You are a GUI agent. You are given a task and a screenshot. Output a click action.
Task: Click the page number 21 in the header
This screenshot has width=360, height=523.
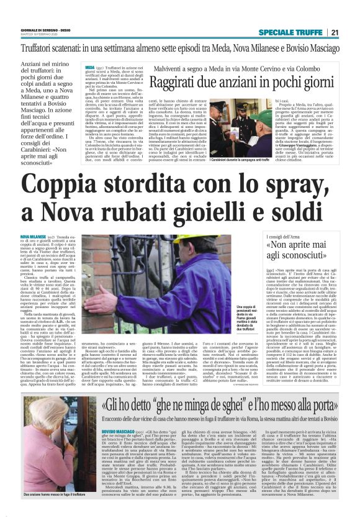[335, 33]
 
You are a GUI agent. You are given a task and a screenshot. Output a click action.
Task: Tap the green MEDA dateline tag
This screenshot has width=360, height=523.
[90, 67]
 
